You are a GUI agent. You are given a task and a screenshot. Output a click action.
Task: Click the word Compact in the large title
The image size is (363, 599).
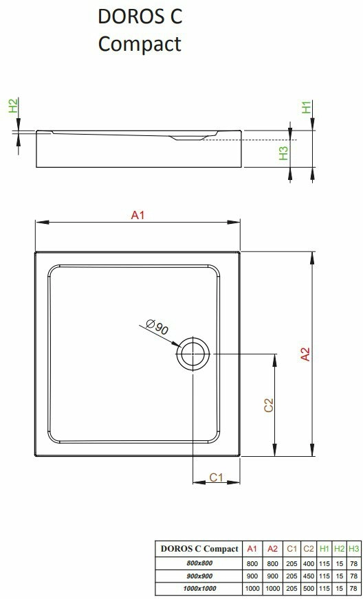click(140, 44)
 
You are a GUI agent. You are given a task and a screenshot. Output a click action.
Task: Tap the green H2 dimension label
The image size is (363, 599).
click(13, 105)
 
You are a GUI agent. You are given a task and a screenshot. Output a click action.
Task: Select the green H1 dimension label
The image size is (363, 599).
click(307, 106)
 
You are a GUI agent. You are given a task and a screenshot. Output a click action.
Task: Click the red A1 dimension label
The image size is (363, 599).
click(137, 216)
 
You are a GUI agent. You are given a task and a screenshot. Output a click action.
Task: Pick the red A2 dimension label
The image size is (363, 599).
click(305, 354)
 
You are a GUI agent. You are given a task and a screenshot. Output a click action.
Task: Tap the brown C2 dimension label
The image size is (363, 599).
click(269, 405)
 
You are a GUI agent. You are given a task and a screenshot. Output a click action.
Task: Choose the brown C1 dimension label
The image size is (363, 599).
click(216, 477)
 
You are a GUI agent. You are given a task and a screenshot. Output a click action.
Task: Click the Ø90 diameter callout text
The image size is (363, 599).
click(157, 328)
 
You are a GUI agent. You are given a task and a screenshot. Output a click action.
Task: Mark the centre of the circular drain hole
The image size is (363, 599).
click(193, 354)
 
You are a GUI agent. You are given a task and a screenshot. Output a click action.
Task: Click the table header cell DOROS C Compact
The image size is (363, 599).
click(199, 549)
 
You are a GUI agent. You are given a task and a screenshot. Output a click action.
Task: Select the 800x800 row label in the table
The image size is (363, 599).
click(199, 563)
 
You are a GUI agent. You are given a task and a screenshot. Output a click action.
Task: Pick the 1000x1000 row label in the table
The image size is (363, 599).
click(199, 589)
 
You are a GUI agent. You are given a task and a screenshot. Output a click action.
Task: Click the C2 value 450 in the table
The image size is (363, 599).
click(308, 576)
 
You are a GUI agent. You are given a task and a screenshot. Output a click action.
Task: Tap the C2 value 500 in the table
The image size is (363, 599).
click(308, 589)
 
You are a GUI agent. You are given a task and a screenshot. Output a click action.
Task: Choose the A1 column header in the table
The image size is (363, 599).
click(252, 549)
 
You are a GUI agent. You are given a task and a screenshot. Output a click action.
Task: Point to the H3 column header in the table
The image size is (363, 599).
click(354, 549)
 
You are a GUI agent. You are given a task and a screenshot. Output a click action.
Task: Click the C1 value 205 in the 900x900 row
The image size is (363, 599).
click(291, 576)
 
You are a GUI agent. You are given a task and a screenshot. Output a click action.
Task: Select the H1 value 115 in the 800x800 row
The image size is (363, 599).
click(324, 563)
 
